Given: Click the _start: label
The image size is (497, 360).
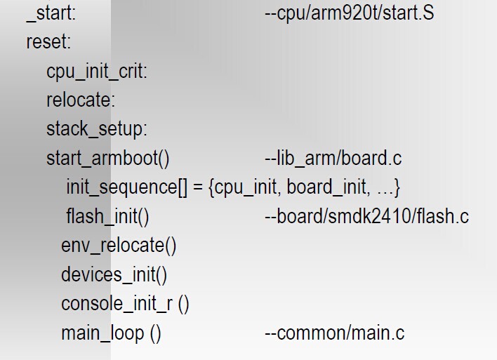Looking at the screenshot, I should (51, 13).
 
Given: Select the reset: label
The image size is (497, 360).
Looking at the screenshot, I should (48, 42).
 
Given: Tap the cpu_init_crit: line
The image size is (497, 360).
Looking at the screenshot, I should (97, 72).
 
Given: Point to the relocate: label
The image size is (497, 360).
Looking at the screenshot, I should (81, 100).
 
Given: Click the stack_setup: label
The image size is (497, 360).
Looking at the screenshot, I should (97, 129).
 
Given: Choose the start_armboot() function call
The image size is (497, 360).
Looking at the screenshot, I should (108, 159).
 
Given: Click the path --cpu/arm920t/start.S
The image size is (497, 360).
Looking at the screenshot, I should (349, 13).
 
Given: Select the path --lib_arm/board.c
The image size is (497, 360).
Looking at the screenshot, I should (333, 159).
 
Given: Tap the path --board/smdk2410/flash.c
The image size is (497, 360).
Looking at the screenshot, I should (366, 217).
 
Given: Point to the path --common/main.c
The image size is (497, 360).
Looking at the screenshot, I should (334, 333).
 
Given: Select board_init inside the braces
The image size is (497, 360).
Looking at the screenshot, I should (326, 188).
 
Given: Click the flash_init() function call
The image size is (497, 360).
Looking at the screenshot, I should (107, 217).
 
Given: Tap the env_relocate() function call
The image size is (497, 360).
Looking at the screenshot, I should (118, 246).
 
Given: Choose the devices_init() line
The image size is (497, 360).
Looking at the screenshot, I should (114, 274).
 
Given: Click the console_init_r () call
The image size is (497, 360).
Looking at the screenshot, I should (125, 304).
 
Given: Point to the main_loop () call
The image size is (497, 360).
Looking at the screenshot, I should (111, 333).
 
